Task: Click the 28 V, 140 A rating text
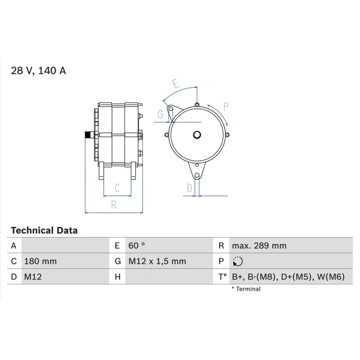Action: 38,71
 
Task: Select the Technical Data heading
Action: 44,230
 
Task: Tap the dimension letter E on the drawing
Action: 176,84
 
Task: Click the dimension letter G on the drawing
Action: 160,115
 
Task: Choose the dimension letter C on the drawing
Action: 117,187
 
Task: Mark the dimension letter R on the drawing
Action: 114,205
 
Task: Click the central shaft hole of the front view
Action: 197,134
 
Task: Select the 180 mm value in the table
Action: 40,261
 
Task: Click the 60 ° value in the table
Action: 137,246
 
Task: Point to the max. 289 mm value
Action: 259,246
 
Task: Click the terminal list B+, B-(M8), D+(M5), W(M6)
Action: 288,277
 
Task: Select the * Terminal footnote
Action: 246,289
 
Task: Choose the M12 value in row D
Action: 33,277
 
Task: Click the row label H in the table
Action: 117,277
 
